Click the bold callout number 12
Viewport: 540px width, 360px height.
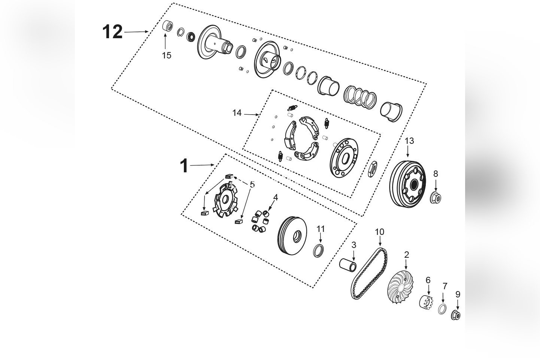click(x=112, y=32)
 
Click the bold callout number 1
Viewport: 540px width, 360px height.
click(x=184, y=166)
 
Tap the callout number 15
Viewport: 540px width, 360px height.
click(x=166, y=55)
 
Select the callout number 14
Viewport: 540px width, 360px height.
click(x=237, y=113)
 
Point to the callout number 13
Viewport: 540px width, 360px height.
click(x=409, y=140)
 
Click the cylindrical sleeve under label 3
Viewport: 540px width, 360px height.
click(x=348, y=267)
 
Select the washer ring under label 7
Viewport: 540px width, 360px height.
click(x=442, y=309)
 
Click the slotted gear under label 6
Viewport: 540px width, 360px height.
click(x=427, y=302)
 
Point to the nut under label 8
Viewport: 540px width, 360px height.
click(x=436, y=197)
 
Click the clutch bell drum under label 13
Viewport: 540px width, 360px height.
click(x=407, y=184)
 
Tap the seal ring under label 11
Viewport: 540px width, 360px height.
click(x=318, y=251)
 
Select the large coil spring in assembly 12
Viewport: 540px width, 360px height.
click(x=360, y=96)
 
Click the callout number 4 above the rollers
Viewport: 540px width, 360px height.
click(x=276, y=198)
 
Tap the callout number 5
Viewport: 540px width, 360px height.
click(x=252, y=185)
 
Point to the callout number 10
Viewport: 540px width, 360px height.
click(x=379, y=232)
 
